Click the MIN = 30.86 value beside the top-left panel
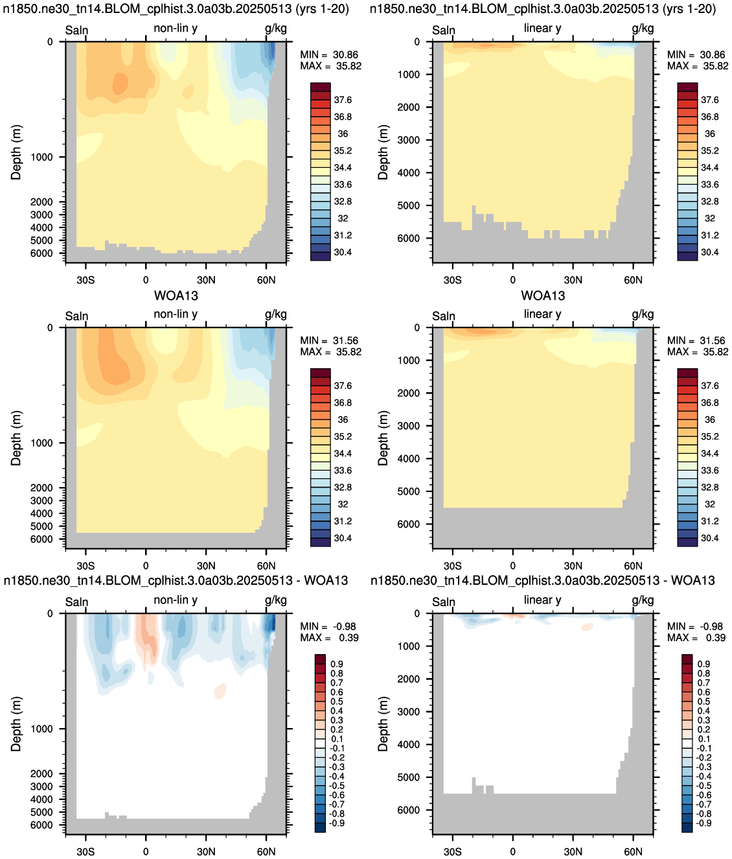click(x=329, y=55)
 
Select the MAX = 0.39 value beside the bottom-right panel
click(x=696, y=637)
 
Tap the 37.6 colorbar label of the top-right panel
click(x=709, y=100)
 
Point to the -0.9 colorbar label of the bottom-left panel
click(x=337, y=823)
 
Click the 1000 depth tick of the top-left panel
click(x=42, y=157)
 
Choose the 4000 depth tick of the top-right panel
click(x=409, y=172)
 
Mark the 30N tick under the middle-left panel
click(x=206, y=565)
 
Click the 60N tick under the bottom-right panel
click(x=633, y=851)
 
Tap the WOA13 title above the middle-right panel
click(x=543, y=296)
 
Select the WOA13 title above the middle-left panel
click(x=176, y=296)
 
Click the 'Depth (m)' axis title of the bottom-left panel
click(x=16, y=724)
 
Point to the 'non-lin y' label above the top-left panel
click(x=176, y=29)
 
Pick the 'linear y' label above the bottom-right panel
click(x=543, y=600)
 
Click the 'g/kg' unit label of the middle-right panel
click(x=643, y=314)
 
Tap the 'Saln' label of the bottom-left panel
click(x=77, y=602)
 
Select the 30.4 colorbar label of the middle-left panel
click(x=343, y=538)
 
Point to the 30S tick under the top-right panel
click(x=453, y=279)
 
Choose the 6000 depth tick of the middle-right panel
click(x=409, y=524)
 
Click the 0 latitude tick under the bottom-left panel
click(x=146, y=851)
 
